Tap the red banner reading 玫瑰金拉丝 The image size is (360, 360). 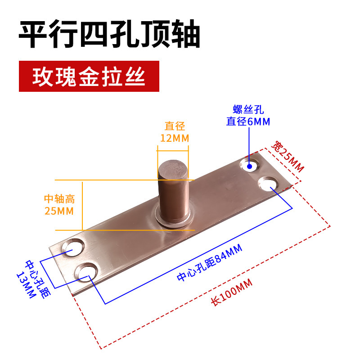click(89, 76)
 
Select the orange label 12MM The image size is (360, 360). click(175, 138)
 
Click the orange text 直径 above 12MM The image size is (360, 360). click(175, 126)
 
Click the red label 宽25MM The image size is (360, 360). click(288, 156)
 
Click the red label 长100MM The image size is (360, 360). click(232, 293)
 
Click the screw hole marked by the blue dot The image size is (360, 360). click(249, 165)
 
